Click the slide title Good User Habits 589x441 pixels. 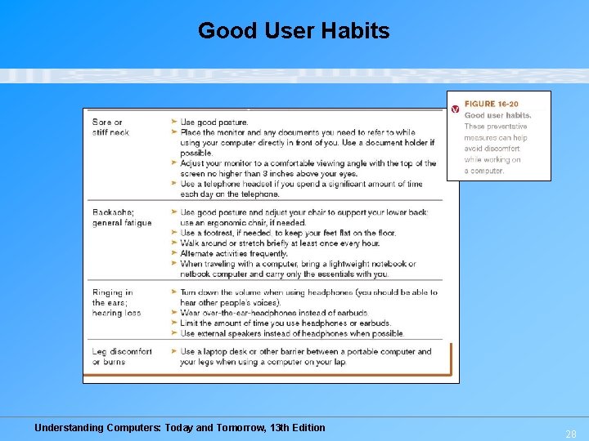[294, 31]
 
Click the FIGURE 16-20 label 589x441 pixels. [491, 104]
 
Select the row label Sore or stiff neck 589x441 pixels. [110, 127]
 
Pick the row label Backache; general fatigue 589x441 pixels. [122, 217]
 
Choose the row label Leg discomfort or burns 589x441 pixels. [122, 356]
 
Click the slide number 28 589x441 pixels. [571, 434]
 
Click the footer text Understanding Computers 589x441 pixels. [179, 427]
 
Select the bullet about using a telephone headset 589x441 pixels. [301, 189]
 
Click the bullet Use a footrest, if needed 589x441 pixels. [288, 233]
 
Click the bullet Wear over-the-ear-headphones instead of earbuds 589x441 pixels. [274, 313]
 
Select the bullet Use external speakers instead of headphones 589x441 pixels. [292, 333]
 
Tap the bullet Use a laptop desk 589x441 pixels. [305, 356]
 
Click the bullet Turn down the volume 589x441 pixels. [308, 296]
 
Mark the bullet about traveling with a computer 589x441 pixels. [298, 269]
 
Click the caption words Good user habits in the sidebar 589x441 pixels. [497, 115]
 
